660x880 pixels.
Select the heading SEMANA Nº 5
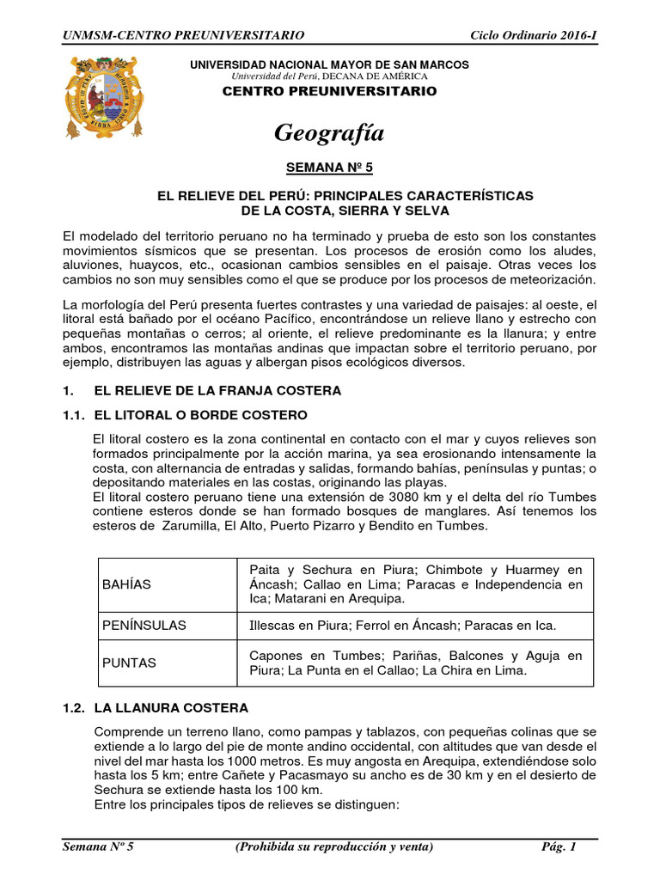click(330, 171)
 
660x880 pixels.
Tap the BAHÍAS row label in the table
click(126, 584)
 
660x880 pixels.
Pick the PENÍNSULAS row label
click(144, 625)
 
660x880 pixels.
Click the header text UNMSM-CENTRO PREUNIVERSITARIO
click(184, 34)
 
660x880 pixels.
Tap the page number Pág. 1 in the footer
click(559, 846)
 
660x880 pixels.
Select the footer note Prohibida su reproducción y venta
click(334, 846)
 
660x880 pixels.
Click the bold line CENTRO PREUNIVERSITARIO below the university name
click(329, 91)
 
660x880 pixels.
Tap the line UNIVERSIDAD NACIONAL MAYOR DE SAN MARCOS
click(329, 65)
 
